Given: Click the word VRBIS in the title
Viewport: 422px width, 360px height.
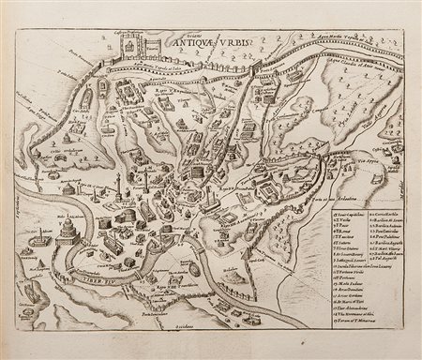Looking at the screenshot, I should coord(225,40).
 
